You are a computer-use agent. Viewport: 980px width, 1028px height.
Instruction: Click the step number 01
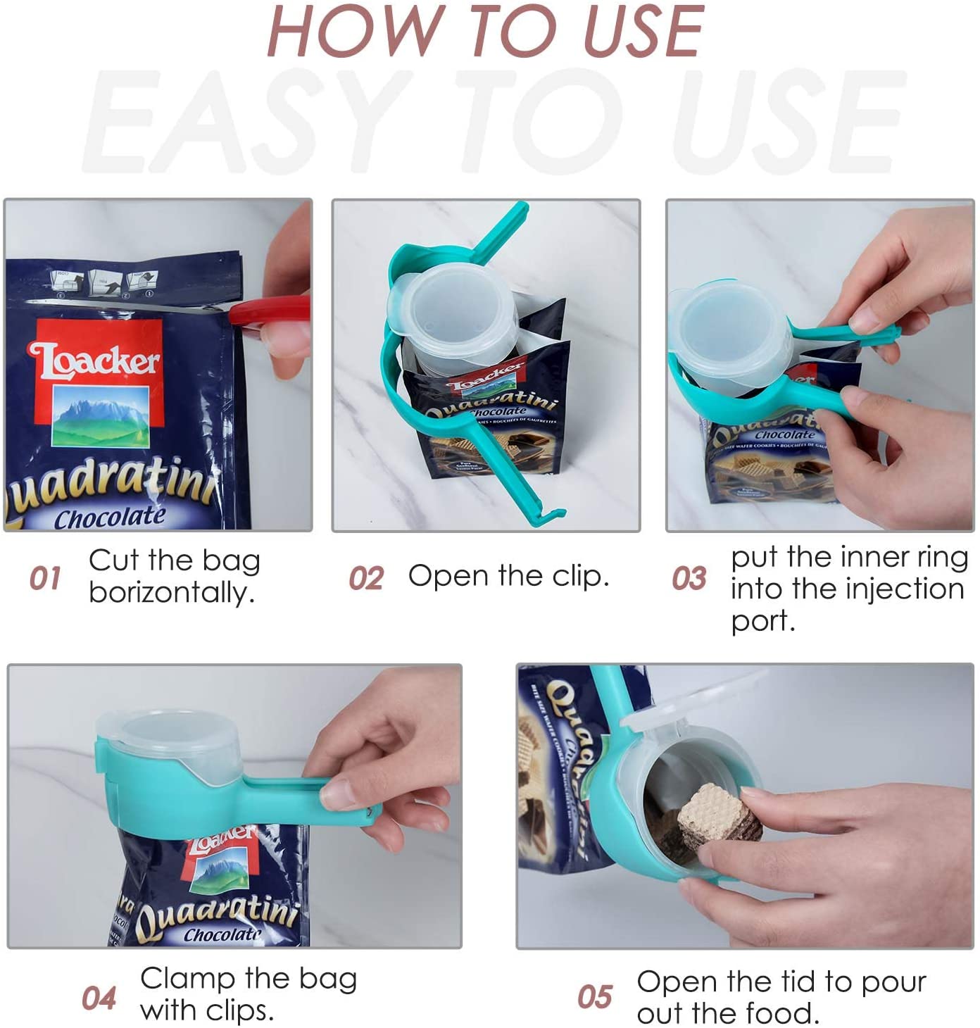click(45, 577)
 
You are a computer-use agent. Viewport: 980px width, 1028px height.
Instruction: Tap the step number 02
click(365, 578)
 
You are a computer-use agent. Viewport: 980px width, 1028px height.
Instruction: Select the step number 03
click(689, 578)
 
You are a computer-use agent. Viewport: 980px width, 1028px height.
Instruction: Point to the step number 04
click(99, 998)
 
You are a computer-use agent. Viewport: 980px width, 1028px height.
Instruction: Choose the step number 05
click(595, 996)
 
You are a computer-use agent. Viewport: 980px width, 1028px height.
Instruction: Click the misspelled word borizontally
click(171, 592)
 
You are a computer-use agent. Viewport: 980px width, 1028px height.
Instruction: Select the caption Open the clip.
click(508, 576)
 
